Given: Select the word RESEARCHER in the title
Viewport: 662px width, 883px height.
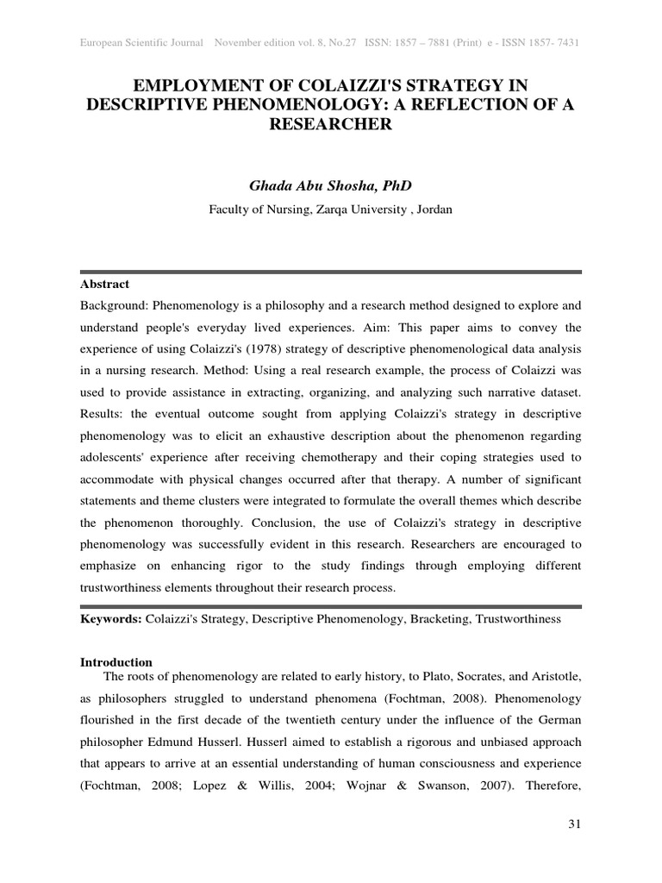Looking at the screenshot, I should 331,124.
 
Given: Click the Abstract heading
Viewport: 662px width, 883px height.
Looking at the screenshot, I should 105,284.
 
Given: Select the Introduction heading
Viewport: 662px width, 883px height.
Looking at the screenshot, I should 116,662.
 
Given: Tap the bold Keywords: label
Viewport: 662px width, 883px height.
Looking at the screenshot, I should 111,619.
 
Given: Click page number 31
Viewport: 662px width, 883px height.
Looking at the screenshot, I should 575,825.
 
